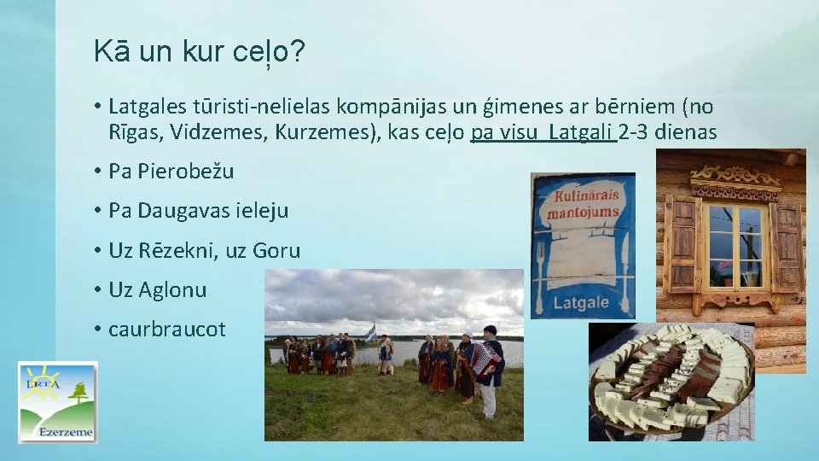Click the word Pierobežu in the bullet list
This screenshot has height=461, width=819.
point(185,172)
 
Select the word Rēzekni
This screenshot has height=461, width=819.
point(177,250)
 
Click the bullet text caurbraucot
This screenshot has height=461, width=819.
point(167,330)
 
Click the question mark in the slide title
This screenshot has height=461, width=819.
point(298,53)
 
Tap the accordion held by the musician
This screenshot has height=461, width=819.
point(484,360)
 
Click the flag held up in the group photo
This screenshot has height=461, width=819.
point(370,332)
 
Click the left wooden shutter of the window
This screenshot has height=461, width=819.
point(682,243)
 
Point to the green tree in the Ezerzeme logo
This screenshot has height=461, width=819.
point(80,394)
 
